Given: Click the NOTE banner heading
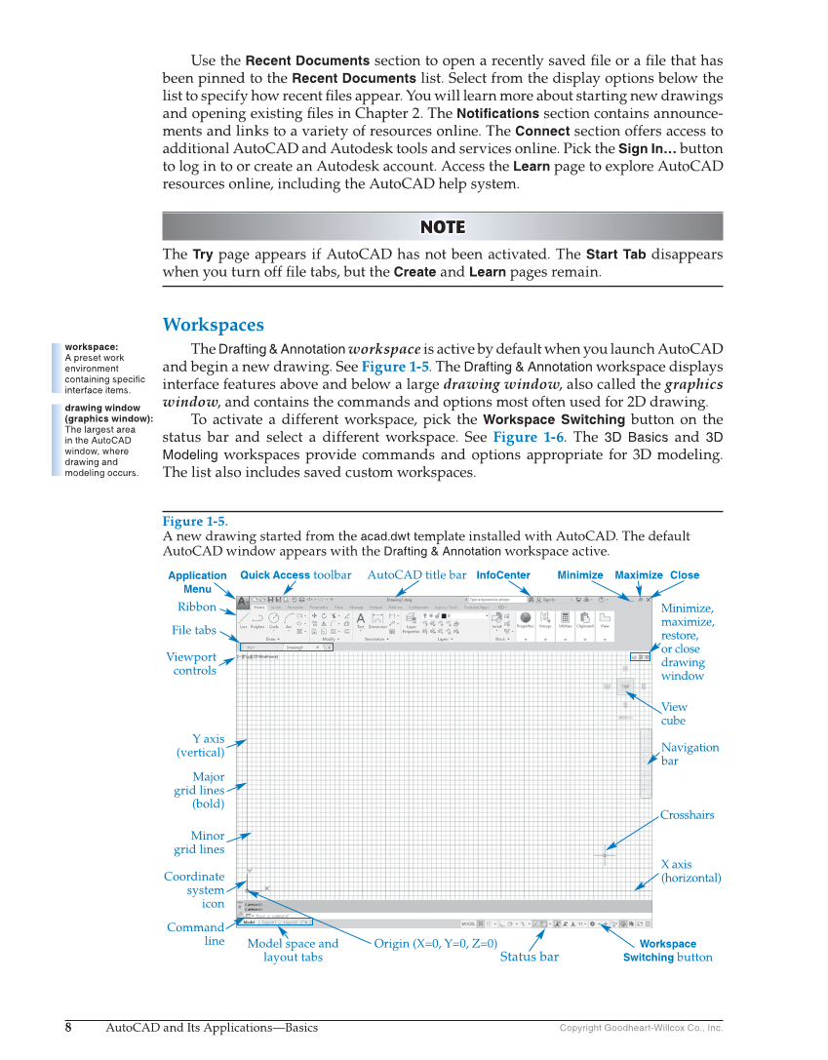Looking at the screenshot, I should point(442,227).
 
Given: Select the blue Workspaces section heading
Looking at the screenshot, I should point(213,325).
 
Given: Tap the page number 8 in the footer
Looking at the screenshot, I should point(68,1028).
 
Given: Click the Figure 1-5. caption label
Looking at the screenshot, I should point(195,522).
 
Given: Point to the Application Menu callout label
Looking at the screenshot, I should point(197,582).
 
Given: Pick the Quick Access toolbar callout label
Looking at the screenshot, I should point(296,575).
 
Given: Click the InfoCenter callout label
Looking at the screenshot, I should point(503,575).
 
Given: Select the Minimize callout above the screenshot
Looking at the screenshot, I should point(579,575).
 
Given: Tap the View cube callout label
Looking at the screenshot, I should point(674,714).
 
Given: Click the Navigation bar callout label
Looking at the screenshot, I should point(690,754).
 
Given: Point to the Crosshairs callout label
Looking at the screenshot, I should point(687,815).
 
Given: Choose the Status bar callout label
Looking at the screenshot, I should point(530,957).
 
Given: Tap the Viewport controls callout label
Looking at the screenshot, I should point(191,664).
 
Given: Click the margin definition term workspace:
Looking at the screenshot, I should point(92,346).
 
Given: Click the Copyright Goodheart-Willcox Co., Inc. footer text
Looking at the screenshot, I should point(641,1028).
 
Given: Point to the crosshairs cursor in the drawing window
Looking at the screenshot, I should point(605,855).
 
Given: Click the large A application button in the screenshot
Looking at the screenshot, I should point(243,603).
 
